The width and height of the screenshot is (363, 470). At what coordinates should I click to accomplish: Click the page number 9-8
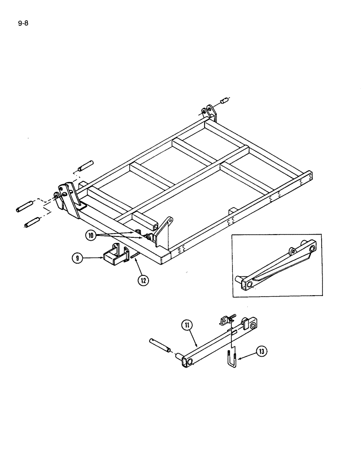[23, 22]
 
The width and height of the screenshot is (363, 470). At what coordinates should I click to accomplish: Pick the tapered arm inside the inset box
[275, 267]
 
